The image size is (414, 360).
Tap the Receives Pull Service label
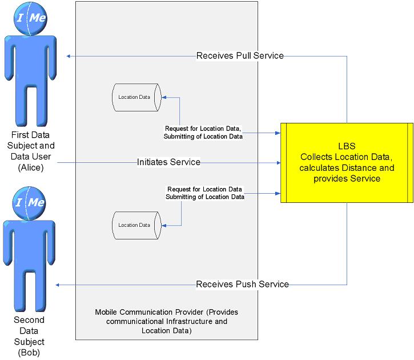(x=240, y=56)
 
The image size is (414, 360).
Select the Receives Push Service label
(x=242, y=284)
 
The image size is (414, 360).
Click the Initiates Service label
(x=168, y=162)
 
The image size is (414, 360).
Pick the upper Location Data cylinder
(x=136, y=97)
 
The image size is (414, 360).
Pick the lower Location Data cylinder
(x=136, y=225)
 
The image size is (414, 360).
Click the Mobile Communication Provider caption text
(x=166, y=321)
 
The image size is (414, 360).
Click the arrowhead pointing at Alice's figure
(x=69, y=56)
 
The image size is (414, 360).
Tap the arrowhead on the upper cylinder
(x=164, y=97)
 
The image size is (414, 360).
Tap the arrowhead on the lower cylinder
(x=164, y=225)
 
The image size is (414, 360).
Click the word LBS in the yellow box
(x=346, y=146)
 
